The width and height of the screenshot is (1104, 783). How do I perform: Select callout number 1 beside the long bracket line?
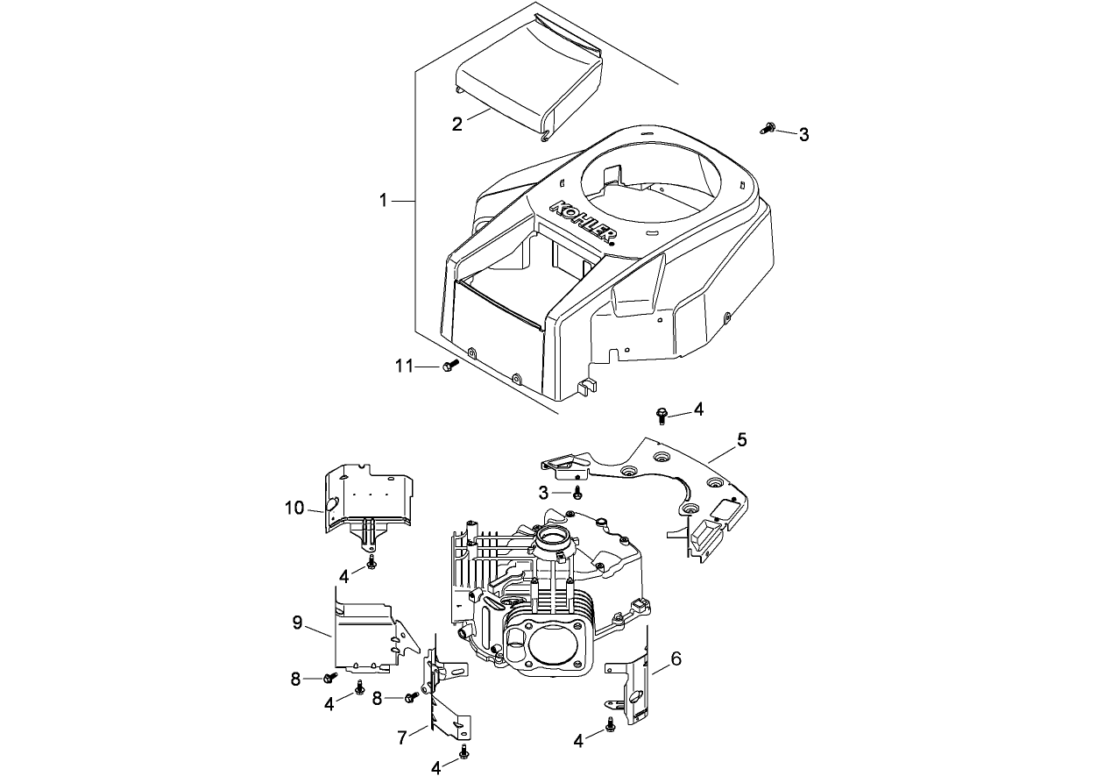point(383,201)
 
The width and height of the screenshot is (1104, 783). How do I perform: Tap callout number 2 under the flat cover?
point(456,124)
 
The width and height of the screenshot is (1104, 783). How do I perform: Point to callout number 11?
point(404,367)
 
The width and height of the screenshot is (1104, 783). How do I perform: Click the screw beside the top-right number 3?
point(768,129)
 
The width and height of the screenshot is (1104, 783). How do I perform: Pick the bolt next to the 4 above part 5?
point(662,412)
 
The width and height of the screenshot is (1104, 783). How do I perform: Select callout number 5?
point(741,440)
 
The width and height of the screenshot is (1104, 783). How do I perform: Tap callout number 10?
point(294,508)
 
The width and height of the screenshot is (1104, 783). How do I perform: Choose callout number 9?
point(297,623)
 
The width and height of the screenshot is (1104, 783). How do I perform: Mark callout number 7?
point(401,737)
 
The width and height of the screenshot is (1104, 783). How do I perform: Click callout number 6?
point(676,658)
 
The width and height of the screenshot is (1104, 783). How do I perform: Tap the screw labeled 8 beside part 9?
point(330,678)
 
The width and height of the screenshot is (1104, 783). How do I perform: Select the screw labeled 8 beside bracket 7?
point(411,698)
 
